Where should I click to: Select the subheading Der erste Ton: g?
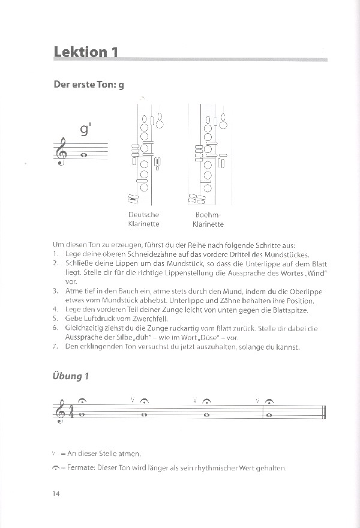point(89,85)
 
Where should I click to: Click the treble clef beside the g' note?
point(62,154)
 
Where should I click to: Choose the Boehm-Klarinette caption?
point(208,220)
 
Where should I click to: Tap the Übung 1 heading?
point(71,376)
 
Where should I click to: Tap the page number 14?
point(56,494)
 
